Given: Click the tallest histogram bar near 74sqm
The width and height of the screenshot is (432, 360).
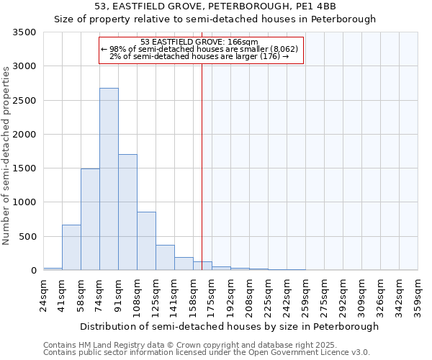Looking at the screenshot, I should [x=109, y=179].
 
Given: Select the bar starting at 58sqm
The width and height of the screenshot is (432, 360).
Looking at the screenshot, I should [x=90, y=220].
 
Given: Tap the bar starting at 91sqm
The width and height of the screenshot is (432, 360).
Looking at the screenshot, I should [x=127, y=212].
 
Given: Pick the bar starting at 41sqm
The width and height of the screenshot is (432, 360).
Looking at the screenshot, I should [x=71, y=248].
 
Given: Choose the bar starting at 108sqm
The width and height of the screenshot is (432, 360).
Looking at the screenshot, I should [x=146, y=241].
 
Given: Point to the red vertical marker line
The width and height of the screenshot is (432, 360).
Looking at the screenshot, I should [x=202, y=166].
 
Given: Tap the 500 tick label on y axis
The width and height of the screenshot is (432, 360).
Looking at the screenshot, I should [x=28, y=236].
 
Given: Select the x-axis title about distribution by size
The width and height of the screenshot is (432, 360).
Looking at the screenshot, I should [x=229, y=326].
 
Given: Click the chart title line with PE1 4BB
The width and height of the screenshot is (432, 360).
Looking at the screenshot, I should [x=215, y=6].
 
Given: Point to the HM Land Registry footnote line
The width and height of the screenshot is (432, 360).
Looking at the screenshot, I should [x=206, y=345].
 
